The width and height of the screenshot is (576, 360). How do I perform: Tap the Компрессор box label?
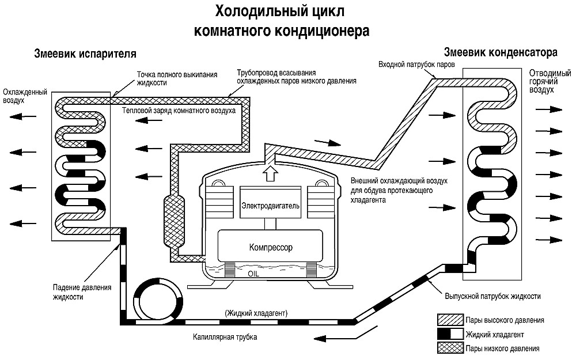click(x=271, y=247)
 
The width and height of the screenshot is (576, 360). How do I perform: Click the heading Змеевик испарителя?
click(x=85, y=55)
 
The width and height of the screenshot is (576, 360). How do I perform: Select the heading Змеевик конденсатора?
click(x=499, y=52)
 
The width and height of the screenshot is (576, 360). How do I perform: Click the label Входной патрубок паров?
click(x=416, y=64)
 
